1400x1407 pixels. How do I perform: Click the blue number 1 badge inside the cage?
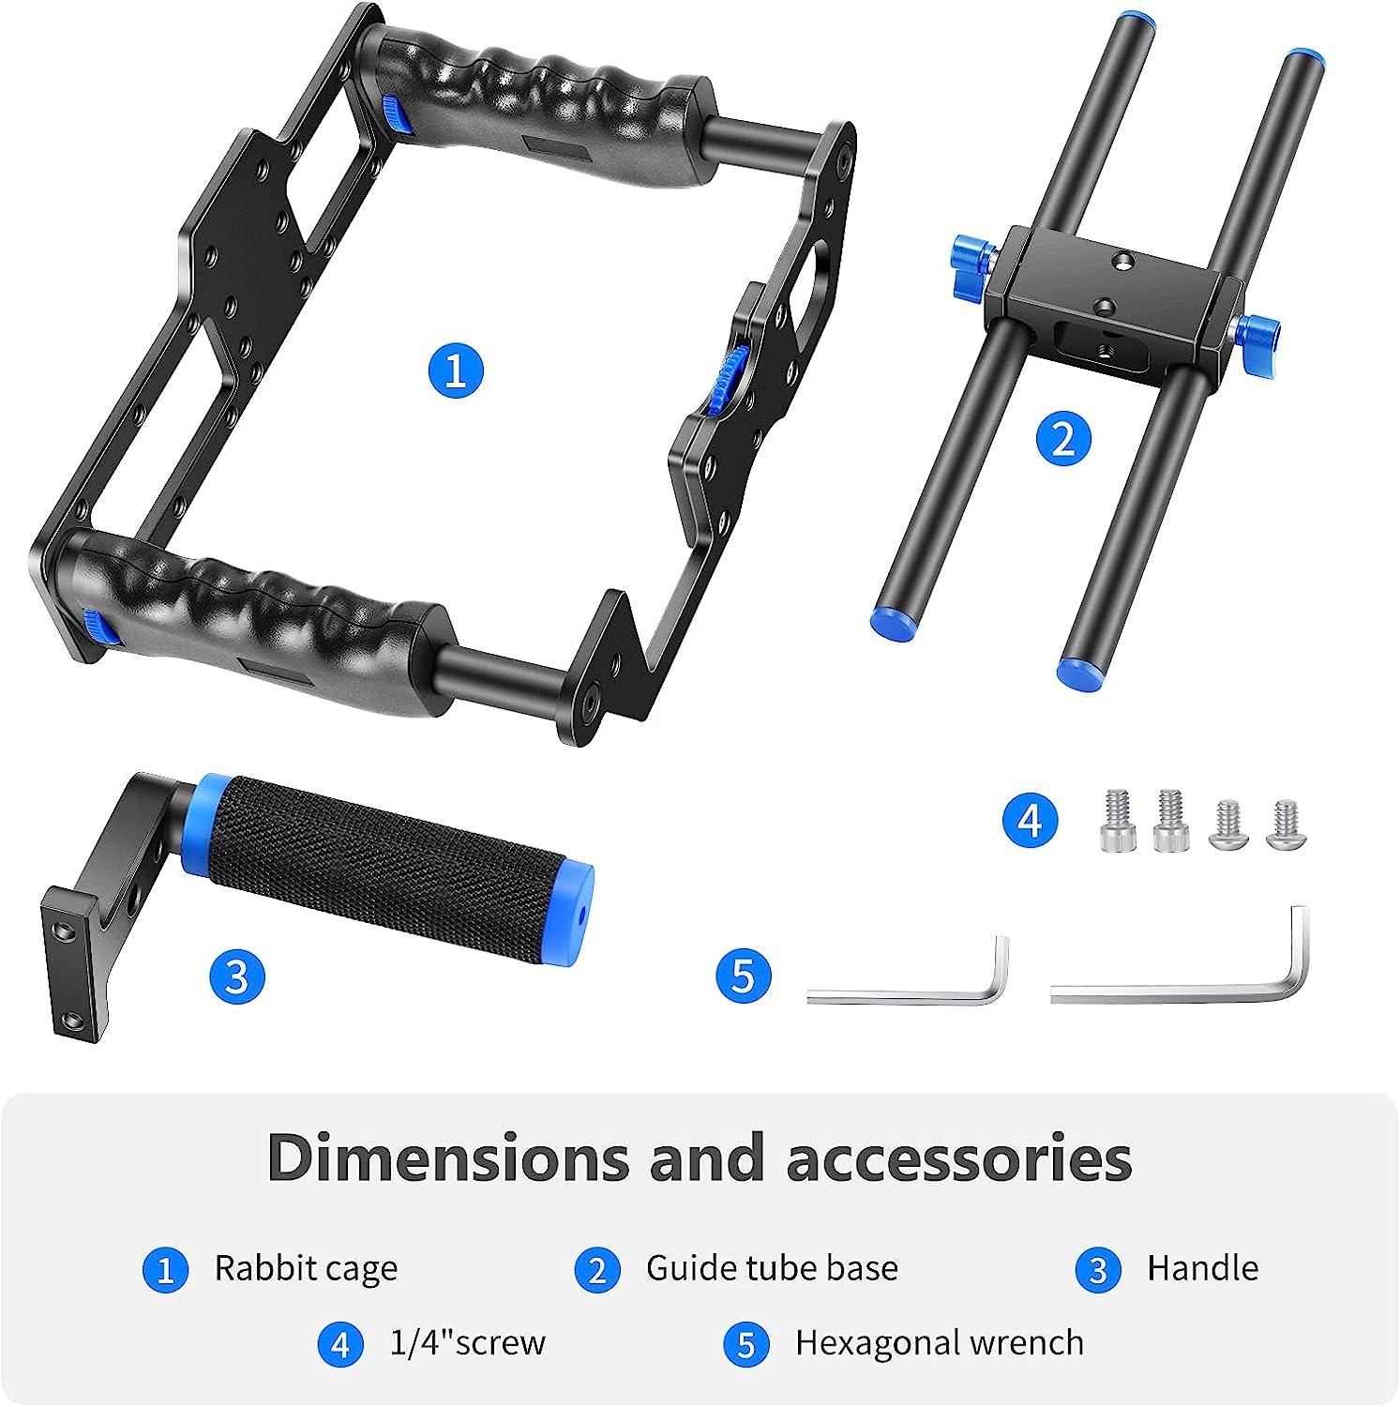pyautogui.click(x=456, y=370)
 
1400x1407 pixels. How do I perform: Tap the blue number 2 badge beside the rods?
pyautogui.click(x=1063, y=439)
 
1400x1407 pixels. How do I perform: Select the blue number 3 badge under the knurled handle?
pyautogui.click(x=237, y=976)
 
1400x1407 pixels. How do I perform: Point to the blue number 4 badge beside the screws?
pyautogui.click(x=1030, y=821)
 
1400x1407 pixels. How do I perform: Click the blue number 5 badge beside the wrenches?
pyautogui.click(x=743, y=976)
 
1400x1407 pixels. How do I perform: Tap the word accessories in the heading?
pyautogui.click(x=958, y=1158)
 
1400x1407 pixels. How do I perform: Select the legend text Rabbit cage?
pyautogui.click(x=306, y=1268)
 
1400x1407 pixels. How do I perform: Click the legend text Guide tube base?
pyautogui.click(x=772, y=1268)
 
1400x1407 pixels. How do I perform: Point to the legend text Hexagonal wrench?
pyautogui.click(x=939, y=1343)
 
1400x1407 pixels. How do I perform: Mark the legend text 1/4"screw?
pyautogui.click(x=467, y=1343)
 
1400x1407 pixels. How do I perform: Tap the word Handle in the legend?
pyautogui.click(x=1202, y=1268)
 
